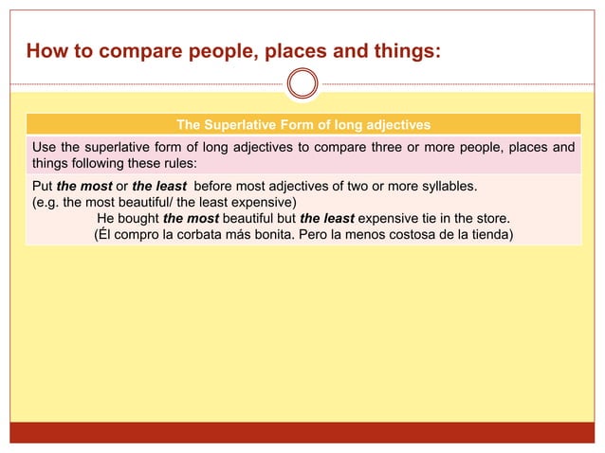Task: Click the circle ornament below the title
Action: tap(302, 83)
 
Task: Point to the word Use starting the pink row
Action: tap(45, 147)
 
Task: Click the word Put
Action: tap(43, 185)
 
